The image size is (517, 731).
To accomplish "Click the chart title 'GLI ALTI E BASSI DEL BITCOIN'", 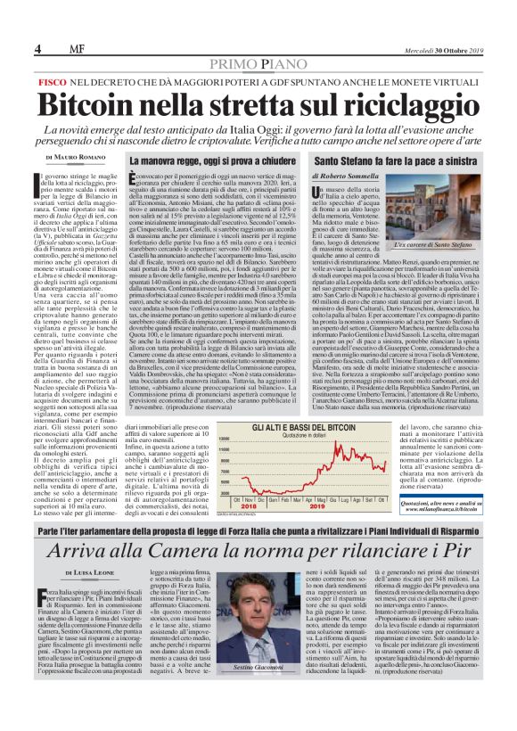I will (x=297, y=428).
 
